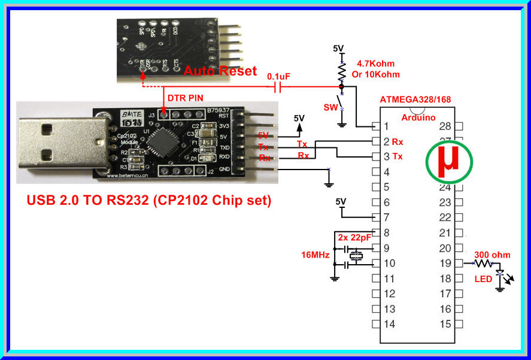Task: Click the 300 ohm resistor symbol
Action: click(483, 263)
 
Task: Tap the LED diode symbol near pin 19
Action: click(500, 274)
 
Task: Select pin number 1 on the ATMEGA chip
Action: click(386, 126)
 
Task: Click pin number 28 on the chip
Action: click(445, 126)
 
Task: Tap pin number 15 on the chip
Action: click(445, 324)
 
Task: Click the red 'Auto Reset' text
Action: click(220, 71)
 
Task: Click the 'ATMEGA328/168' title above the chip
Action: click(417, 99)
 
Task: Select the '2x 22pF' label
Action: click(353, 237)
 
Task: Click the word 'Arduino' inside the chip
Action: click(418, 117)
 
